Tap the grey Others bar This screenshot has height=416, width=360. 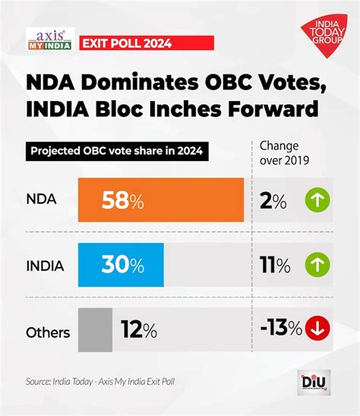point(96,330)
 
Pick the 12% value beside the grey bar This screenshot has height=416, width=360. point(138,330)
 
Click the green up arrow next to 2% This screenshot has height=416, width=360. point(318,200)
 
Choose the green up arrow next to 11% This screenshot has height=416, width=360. point(318,265)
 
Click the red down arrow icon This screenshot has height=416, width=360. point(318,330)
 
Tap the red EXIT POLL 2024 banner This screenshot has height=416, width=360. point(126,41)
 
